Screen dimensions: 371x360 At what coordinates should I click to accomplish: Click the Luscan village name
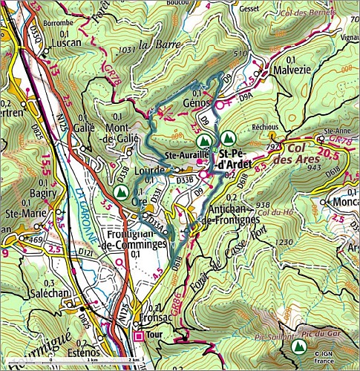pos(63,45)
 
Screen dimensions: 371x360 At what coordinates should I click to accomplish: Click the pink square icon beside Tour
pos(138,336)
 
